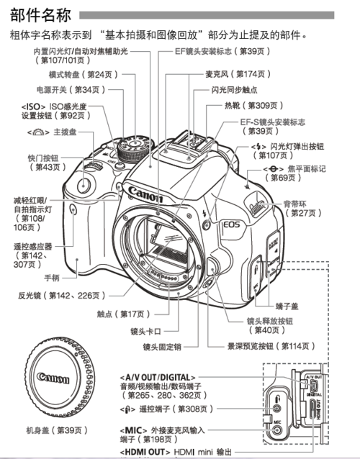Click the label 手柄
coord(52,277)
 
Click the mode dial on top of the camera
coord(132,150)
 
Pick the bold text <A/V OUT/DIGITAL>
coord(157,376)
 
